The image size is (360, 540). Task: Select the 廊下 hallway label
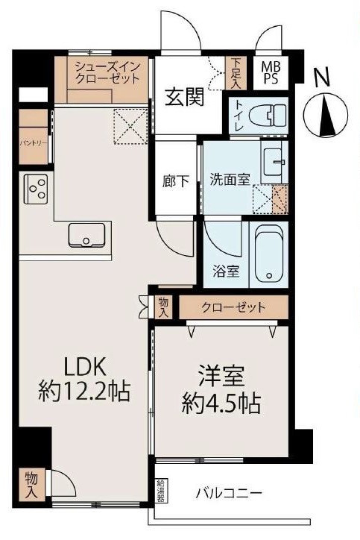click(x=176, y=181)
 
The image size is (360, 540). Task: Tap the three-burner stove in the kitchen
click(x=35, y=189)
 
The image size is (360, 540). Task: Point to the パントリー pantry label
click(x=30, y=139)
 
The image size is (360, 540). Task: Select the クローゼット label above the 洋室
click(x=232, y=307)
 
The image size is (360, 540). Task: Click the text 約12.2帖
click(x=83, y=389)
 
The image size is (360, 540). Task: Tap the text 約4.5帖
click(x=221, y=404)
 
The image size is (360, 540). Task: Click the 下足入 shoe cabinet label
click(x=236, y=72)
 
